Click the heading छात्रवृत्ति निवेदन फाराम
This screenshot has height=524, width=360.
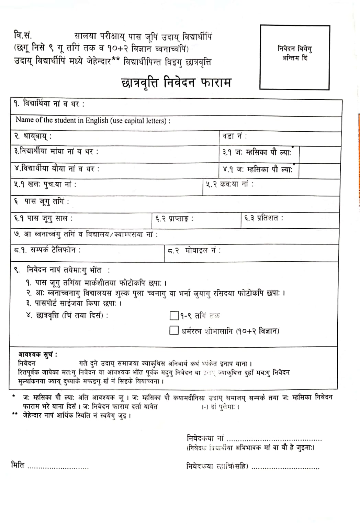[x=177, y=83]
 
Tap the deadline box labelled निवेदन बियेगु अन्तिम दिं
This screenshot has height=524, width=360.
[x=294, y=57]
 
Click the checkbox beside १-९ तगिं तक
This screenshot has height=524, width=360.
[x=174, y=315]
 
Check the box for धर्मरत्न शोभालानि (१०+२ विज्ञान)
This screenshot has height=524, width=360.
[x=174, y=330]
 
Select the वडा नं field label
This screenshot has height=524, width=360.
[x=235, y=136]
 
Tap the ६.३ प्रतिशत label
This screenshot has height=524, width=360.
[x=263, y=218]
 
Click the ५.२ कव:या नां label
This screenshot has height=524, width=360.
[x=229, y=184]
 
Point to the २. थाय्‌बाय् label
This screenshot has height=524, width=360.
[x=33, y=137]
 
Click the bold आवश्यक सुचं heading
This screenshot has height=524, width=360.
[x=38, y=354]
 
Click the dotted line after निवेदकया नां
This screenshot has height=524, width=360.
[x=274, y=440]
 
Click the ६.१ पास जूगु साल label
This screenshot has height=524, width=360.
[x=43, y=218]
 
